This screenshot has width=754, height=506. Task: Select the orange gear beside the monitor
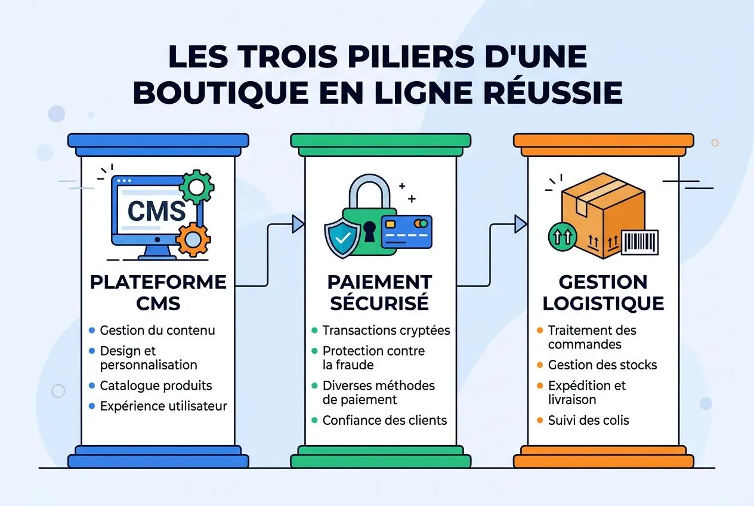click(193, 239)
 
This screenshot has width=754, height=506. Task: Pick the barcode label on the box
click(639, 242)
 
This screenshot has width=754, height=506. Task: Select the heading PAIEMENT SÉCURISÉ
click(380, 292)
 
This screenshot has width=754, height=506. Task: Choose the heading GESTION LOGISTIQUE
click(603, 292)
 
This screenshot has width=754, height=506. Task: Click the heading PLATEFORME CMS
click(158, 292)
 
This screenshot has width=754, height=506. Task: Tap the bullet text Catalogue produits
click(156, 385)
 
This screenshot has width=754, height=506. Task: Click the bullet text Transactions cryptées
click(386, 330)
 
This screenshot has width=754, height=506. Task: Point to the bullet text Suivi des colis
click(588, 420)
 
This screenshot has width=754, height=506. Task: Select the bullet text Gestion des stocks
click(602, 365)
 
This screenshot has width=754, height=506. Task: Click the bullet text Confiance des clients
click(384, 420)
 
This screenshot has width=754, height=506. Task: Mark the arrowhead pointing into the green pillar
click(298, 224)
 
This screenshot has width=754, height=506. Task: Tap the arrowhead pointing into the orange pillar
click(521, 224)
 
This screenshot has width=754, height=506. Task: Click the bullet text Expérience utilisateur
click(163, 406)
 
